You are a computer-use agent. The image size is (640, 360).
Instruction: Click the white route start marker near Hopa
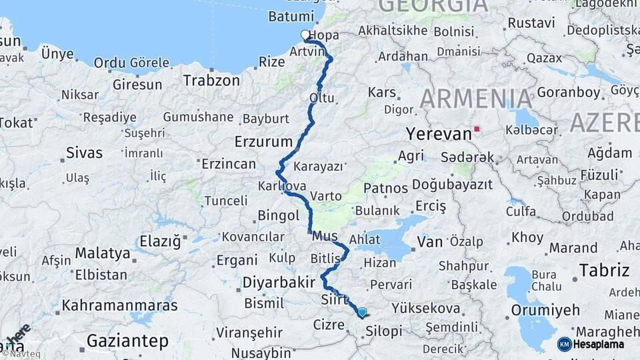pyautogui.click(x=305, y=35)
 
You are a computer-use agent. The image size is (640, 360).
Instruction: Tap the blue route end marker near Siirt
pyautogui.click(x=362, y=311)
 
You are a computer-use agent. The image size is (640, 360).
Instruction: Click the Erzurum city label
pyautogui.click(x=263, y=141)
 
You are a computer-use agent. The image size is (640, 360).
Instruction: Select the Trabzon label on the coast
pyautogui.click(x=211, y=80)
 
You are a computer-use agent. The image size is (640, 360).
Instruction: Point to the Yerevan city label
pyautogui.click(x=439, y=134)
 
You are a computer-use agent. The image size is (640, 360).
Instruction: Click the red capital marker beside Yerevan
pyautogui.click(x=476, y=129)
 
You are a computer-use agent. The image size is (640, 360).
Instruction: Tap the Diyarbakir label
pyautogui.click(x=279, y=283)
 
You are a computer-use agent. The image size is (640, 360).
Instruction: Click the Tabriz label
pyautogui.click(x=604, y=270)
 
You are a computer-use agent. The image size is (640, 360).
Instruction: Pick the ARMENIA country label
pyautogui.click(x=476, y=99)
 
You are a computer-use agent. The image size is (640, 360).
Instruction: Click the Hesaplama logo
pyautogui.click(x=591, y=344)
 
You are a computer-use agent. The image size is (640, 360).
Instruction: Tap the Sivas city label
pyautogui.click(x=84, y=153)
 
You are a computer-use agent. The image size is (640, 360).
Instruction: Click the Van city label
pyautogui.click(x=429, y=241)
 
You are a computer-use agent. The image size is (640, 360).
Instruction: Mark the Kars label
pyautogui.click(x=382, y=92)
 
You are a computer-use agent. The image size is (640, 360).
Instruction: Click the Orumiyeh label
pyautogui.click(x=545, y=310)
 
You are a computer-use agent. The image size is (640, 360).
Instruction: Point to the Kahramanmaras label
pyautogui.click(x=119, y=305)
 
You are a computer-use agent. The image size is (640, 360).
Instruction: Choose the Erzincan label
pyautogui.click(x=229, y=164)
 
